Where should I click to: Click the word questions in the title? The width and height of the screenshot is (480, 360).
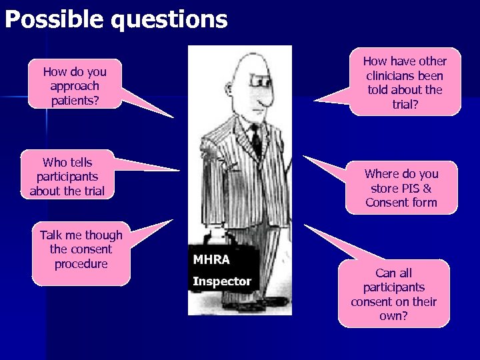coord(169,19)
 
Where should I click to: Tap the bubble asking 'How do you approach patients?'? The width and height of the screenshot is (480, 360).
coord(74,85)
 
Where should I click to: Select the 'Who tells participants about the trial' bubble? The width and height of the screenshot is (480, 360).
coord(67,176)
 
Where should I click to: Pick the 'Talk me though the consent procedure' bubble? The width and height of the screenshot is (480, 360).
coord(81,250)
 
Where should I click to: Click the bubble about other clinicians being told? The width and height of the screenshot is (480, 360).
coord(405,82)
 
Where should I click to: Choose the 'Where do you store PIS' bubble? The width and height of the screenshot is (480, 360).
coord(401,188)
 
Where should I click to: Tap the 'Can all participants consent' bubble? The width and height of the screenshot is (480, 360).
coord(393,294)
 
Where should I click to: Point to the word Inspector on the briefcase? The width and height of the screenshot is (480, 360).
coord(221,281)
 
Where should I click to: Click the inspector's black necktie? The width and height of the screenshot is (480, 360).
coord(255,140)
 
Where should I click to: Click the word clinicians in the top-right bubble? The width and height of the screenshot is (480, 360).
coord(405,75)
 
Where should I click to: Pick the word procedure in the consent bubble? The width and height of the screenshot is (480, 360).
coord(81,264)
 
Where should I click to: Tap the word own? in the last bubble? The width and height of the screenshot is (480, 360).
coord(393,316)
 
